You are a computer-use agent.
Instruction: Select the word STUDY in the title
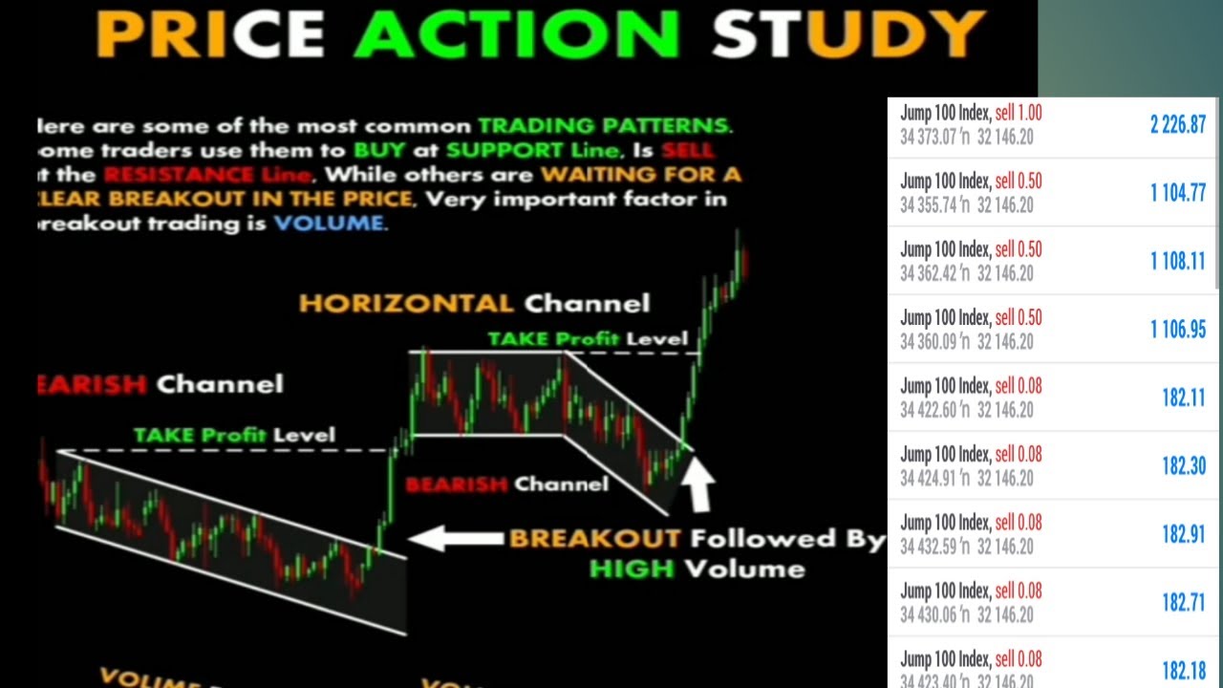[x=847, y=33]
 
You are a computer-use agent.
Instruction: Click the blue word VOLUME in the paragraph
[x=330, y=224]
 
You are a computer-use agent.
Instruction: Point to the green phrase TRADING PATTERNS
[x=604, y=125]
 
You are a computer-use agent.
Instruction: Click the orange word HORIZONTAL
[x=406, y=304]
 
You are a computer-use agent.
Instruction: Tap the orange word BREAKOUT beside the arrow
[x=594, y=538]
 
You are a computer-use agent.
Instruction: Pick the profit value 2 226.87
[x=1177, y=124]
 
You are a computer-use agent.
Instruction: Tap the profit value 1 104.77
[x=1177, y=193]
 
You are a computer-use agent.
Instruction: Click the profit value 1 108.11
[x=1177, y=261]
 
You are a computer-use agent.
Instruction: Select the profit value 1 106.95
[x=1177, y=330]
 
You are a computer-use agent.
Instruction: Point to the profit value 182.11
[x=1183, y=398]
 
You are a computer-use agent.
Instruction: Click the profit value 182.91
[x=1183, y=534]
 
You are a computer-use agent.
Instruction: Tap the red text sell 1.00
[x=1019, y=113]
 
